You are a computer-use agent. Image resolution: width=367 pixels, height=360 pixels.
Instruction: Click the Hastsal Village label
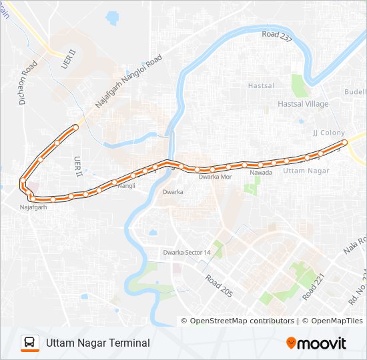(303, 104)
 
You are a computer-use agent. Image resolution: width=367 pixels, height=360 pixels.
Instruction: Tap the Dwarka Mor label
(215, 177)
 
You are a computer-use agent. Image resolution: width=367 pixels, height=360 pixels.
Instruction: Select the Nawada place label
(261, 173)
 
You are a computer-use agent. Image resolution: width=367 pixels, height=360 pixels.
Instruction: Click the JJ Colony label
(329, 133)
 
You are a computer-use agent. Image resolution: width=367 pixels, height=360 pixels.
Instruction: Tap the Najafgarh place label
(33, 207)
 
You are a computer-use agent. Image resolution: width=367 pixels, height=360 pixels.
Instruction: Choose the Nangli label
(126, 186)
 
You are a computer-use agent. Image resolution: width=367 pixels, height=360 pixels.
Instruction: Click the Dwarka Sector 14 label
(187, 253)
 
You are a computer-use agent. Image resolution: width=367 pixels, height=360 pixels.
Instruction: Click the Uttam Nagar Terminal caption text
(98, 343)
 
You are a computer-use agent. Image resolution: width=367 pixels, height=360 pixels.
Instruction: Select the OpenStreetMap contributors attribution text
(242, 321)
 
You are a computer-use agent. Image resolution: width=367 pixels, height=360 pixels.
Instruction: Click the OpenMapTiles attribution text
(332, 321)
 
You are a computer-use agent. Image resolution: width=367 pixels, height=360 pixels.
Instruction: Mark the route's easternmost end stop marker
(345, 142)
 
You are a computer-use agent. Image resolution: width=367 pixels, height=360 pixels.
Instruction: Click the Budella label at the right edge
(355, 91)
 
